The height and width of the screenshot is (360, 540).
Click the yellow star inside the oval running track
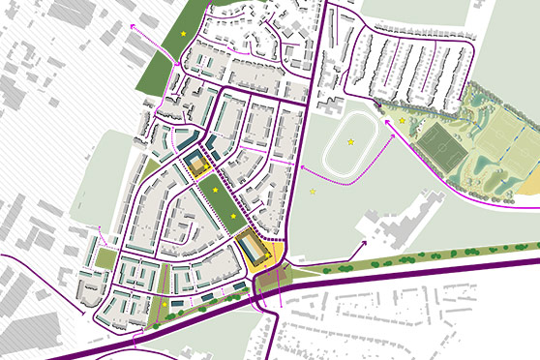pyautogui.click(x=350, y=143)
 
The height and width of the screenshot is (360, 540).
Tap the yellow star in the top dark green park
pyautogui.click(x=183, y=34)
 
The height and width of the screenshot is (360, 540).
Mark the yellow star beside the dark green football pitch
pyautogui.click(x=402, y=121)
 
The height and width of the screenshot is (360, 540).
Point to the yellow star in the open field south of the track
pyautogui.click(x=312, y=192)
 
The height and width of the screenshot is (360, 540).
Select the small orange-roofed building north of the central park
pyautogui.click(x=200, y=167)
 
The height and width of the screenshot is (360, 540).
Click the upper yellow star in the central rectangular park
pyautogui.click(x=215, y=190)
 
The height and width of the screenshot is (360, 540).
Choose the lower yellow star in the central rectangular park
pyautogui.click(x=233, y=216)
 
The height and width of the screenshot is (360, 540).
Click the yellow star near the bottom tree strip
pyautogui.click(x=164, y=305)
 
